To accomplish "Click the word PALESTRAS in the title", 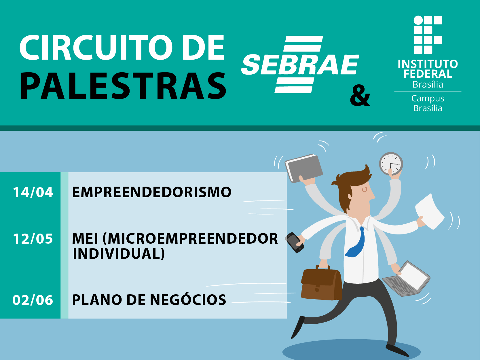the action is [x=123, y=86].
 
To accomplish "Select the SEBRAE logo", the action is [x=300, y=64].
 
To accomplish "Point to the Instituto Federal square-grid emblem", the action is [x=428, y=35].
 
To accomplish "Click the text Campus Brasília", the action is [x=428, y=103].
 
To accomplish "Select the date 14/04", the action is [x=33, y=192].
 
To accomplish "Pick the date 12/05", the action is [x=33, y=239].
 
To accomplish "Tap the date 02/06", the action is [x=33, y=300].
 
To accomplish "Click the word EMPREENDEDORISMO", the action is [x=151, y=192].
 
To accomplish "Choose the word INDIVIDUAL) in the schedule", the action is [x=119, y=254].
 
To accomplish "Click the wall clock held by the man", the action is [x=391, y=164].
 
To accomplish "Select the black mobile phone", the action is [x=295, y=242].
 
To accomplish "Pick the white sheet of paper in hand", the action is [x=430, y=212].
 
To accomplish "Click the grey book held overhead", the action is [x=304, y=168].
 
